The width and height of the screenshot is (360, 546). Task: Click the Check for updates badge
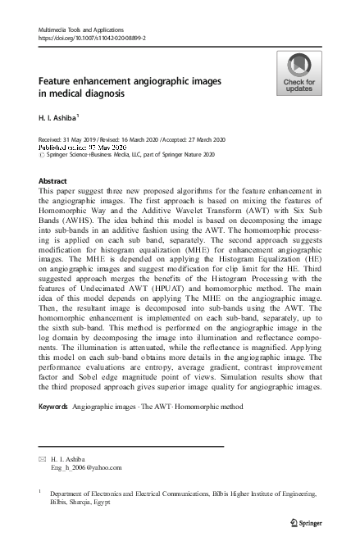pyautogui.click(x=298, y=74)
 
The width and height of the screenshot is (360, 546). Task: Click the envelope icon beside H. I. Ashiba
pyautogui.click(x=42, y=459)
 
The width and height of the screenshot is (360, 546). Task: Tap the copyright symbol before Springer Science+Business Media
pyautogui.click(x=42, y=153)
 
